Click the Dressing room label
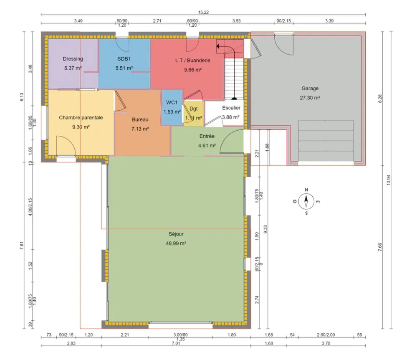[x=73, y=58]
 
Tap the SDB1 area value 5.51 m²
[x=124, y=68]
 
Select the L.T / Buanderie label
[x=192, y=60]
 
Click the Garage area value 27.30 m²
[x=310, y=98]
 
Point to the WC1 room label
[x=172, y=102]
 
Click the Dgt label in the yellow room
[x=193, y=109]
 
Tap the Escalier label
[x=231, y=108]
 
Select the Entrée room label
[x=207, y=136]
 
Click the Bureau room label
[x=140, y=119]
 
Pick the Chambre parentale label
[x=81, y=117]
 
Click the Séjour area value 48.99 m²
[x=176, y=243]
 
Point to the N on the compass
[x=306, y=190]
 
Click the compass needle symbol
[x=306, y=201]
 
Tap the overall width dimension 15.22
[x=203, y=13]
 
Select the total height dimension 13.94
[x=389, y=180]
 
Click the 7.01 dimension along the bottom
[x=176, y=343]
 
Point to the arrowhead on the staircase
[x=218, y=46]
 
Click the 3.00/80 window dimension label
[x=180, y=335]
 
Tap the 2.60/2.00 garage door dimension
[x=326, y=335]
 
